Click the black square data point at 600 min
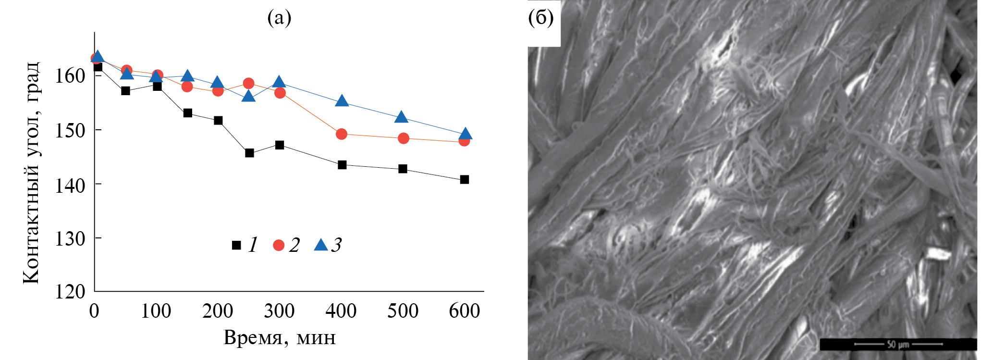tap(464, 180)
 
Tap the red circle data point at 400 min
tap(342, 134)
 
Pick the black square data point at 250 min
tap(249, 153)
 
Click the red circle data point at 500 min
tap(404, 138)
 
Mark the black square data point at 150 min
tap(188, 113)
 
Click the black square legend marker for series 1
tap(236, 245)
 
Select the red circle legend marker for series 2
tap(279, 245)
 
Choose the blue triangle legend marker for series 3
tap(321, 245)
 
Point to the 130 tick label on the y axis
tap(70, 238)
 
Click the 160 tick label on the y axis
tap(70, 75)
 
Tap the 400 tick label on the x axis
tap(341, 311)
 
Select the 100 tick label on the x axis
tap(156, 311)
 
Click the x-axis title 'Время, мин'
tap(280, 338)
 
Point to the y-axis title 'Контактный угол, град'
tap(31, 173)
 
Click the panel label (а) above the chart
tap(279, 18)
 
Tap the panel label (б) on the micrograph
tap(541, 18)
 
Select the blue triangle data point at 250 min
tap(248, 97)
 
